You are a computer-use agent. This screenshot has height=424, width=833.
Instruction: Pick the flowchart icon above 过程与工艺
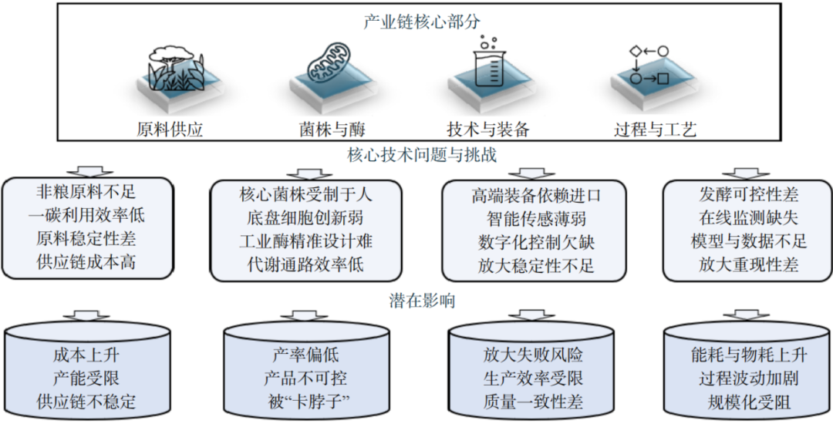tap(649, 66)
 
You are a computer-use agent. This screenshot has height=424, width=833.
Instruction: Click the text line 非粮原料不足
tap(86, 191)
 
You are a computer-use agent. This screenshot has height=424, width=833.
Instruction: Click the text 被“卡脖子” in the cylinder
tap(305, 402)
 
